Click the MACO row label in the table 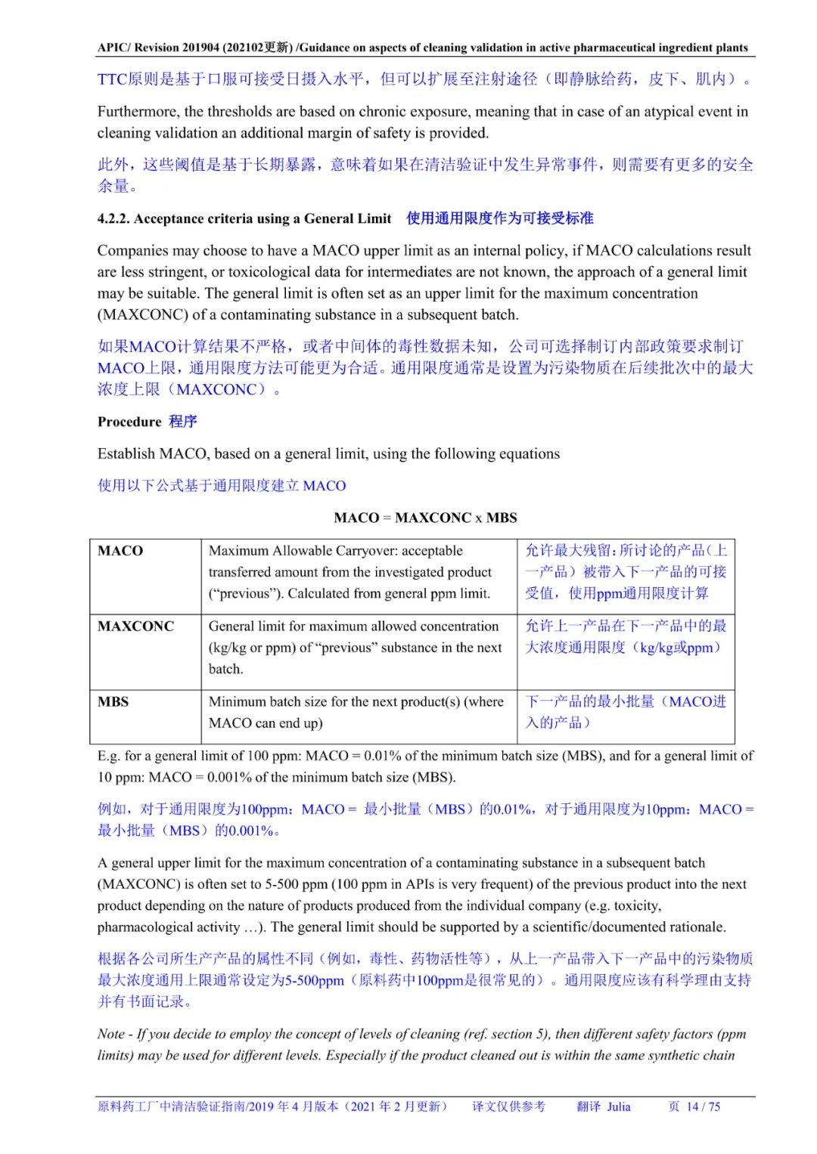(x=120, y=551)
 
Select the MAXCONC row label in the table (x=135, y=627)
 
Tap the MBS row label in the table (x=113, y=702)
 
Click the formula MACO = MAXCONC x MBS (x=425, y=518)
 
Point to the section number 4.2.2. (x=113, y=219)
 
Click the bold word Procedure (x=129, y=422)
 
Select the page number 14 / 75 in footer (x=703, y=1106)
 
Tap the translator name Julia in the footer (x=618, y=1106)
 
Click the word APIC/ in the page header (x=114, y=48)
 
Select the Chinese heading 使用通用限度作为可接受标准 (x=499, y=218)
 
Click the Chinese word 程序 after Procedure (x=182, y=422)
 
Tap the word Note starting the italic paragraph (x=111, y=1034)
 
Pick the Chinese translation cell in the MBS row (x=625, y=712)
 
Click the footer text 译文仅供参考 (x=508, y=1106)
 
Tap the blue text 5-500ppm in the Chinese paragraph (x=314, y=980)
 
